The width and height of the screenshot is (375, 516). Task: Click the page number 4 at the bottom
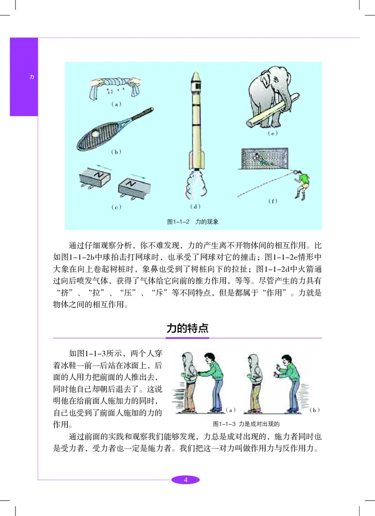tap(186, 479)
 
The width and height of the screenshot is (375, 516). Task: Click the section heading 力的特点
tap(187, 328)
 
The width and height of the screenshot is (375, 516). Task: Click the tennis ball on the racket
tap(97, 134)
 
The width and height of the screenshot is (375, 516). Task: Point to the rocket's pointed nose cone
tap(196, 77)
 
